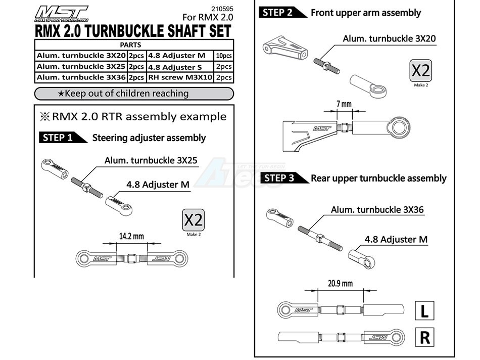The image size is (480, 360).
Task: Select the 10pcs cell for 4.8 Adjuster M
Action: [223, 56]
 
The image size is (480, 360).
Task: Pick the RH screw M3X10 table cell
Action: [179, 77]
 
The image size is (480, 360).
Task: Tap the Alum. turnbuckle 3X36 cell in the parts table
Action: [81, 77]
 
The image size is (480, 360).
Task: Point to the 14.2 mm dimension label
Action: [131, 236]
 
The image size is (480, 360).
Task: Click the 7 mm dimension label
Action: [344, 105]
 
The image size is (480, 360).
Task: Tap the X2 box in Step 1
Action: [194, 220]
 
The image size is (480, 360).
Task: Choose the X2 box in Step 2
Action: [421, 71]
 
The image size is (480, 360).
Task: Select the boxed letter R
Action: [424, 337]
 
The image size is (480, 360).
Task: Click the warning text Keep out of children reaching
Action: [133, 94]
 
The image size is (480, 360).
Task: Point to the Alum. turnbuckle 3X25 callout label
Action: [151, 161]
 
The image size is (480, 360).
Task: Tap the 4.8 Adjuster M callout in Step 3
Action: [396, 239]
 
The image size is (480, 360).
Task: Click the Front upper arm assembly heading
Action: [365, 13]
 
